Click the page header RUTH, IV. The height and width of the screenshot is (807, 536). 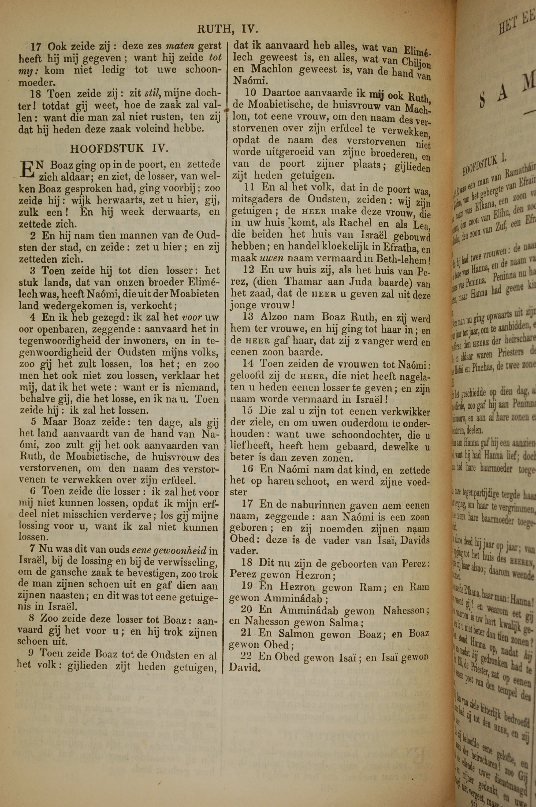pos(227,30)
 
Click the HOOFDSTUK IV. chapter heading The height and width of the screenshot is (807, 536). pos(119,148)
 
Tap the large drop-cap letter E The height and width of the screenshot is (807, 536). pos(27,170)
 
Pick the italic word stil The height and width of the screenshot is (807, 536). pos(152,93)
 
